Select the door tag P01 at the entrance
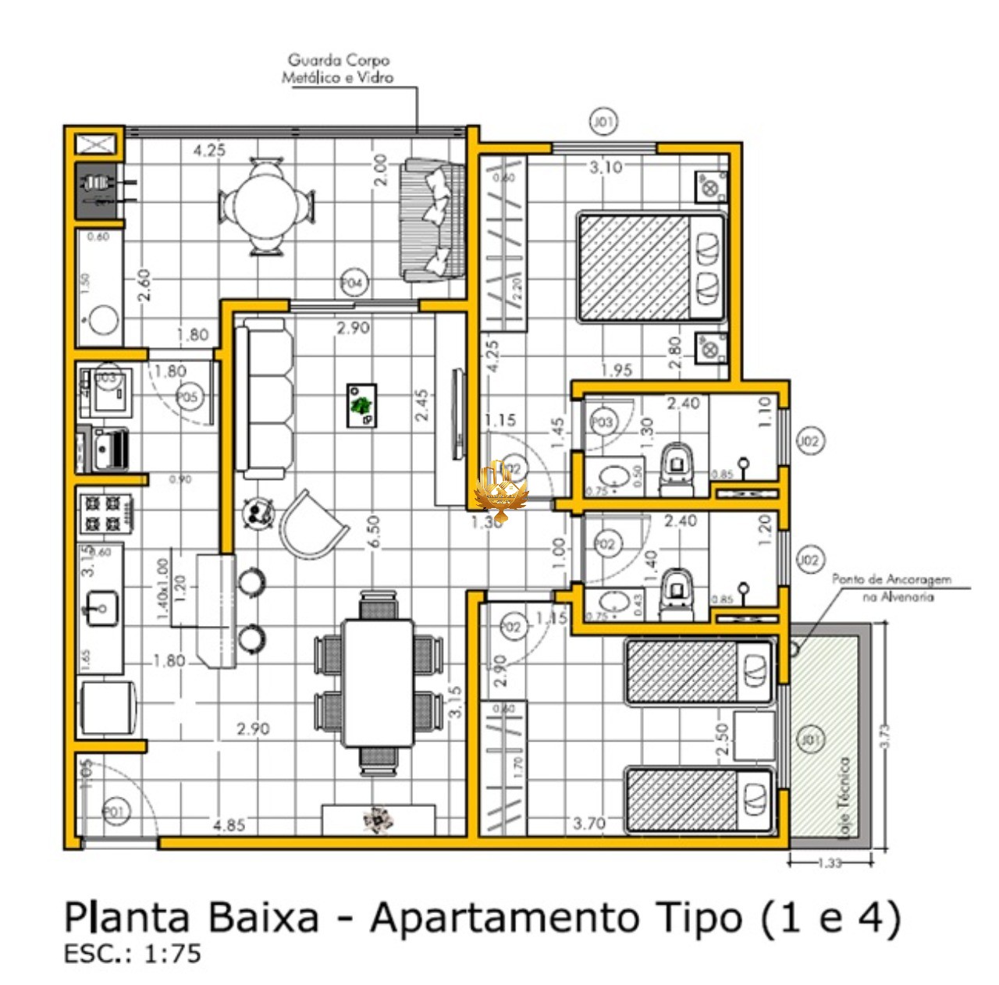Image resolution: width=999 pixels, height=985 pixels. coord(115,813)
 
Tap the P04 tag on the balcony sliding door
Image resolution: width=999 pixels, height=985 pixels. coord(353,283)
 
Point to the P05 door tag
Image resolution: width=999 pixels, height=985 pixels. coord(188,396)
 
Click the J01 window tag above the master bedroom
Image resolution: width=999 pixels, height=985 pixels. coord(603,122)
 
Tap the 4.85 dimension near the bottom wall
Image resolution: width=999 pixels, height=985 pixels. coord(229,825)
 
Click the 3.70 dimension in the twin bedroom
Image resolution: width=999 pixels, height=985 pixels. coord(589,823)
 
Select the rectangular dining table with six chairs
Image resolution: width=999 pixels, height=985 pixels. coord(379,682)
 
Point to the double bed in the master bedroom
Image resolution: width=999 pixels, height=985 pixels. coord(651,267)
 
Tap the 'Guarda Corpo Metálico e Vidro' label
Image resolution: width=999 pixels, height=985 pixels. coord(338,69)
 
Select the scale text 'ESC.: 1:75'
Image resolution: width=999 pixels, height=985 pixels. coord(132,954)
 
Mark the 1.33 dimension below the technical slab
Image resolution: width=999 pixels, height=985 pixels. coord(830,863)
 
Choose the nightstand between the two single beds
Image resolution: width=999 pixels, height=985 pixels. coord(754,735)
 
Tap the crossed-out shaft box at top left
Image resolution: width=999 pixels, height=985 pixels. coord(96,144)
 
